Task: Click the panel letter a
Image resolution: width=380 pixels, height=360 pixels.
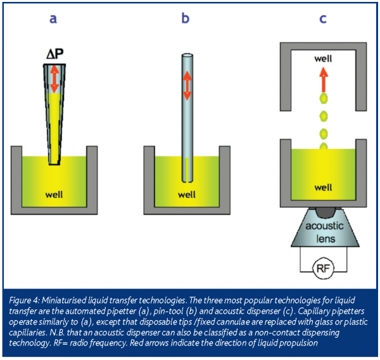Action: [x=54, y=19]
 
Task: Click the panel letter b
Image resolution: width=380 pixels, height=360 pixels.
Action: [x=186, y=19]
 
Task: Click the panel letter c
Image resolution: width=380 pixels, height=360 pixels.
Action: [x=322, y=19]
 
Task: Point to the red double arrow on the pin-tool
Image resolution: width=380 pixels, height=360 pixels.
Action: [x=187, y=85]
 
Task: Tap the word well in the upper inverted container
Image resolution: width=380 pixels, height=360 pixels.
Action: [x=323, y=59]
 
